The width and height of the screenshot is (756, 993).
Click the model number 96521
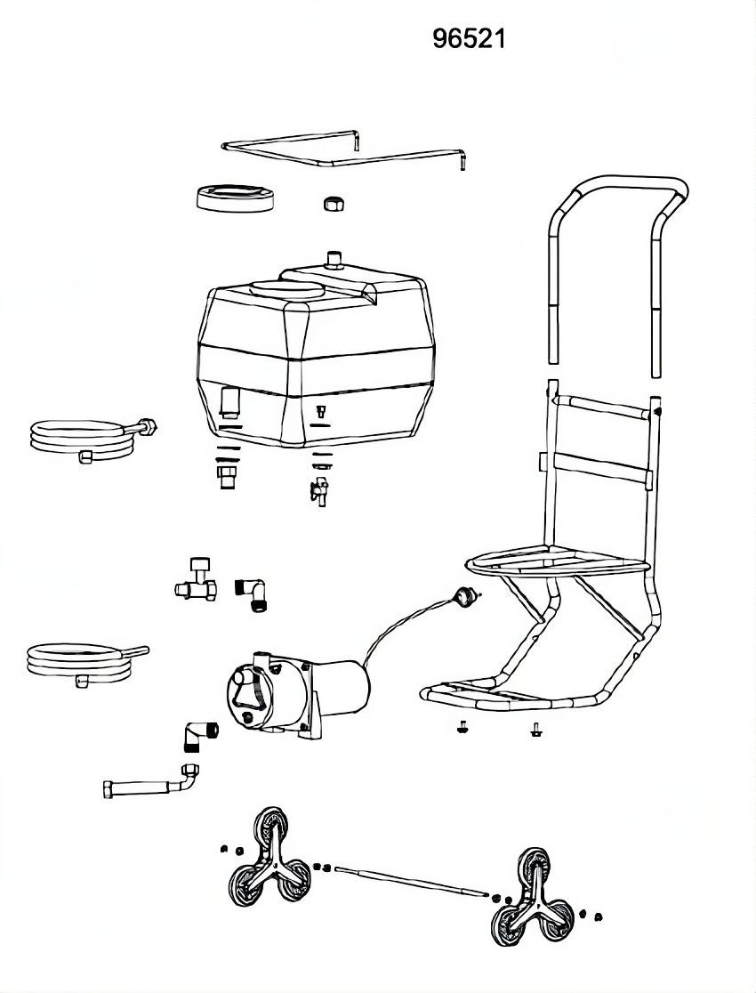pos(469,39)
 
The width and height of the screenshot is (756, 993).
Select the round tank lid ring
pos(235,196)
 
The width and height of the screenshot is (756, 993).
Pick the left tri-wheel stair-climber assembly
pos(266,859)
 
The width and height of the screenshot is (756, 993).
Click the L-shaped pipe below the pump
pos(151,785)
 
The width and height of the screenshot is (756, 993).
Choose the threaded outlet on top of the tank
pos(335,259)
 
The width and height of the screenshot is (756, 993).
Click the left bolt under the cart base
pos(462,726)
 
